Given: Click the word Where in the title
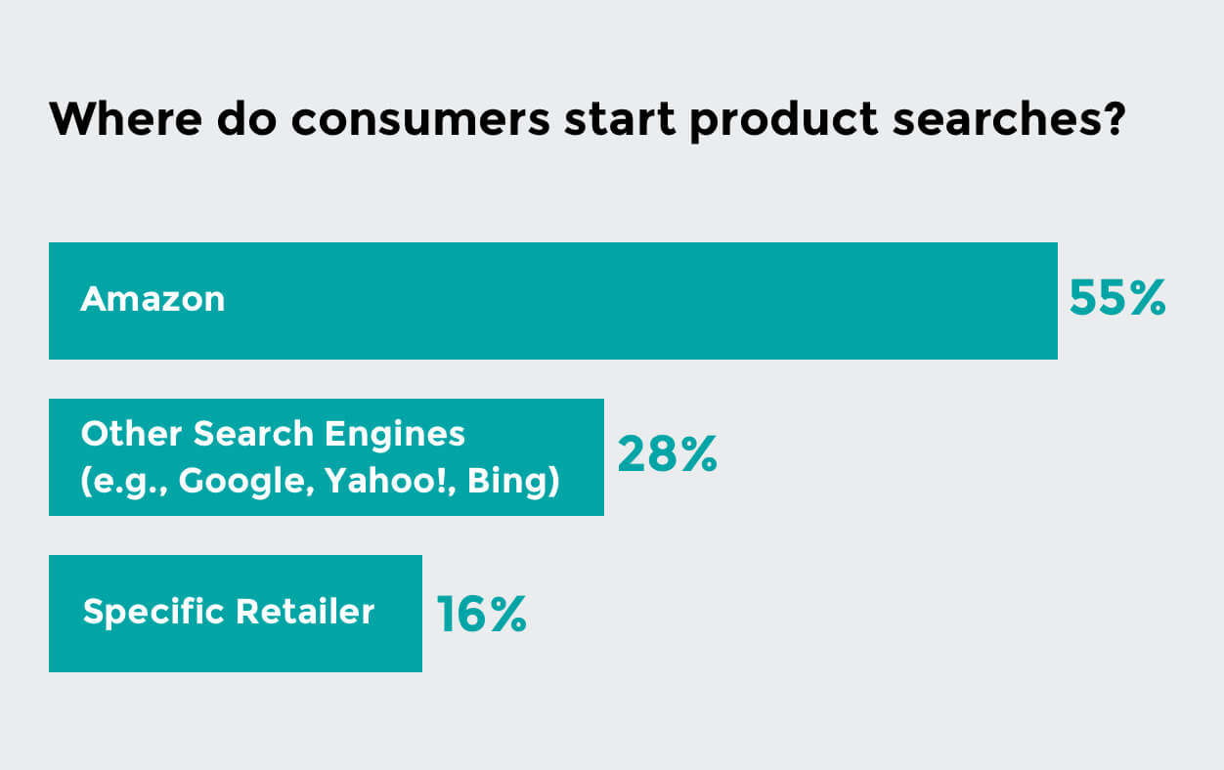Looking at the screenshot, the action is [x=126, y=118].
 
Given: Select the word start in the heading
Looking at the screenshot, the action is [x=620, y=118].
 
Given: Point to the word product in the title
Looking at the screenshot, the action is [x=784, y=121].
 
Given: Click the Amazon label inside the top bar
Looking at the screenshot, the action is [x=153, y=299].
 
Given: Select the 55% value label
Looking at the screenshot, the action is [x=1117, y=298].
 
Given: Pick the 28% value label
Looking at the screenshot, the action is [x=667, y=453].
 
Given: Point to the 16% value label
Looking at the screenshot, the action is [x=481, y=615].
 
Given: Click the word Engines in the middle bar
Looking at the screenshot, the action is [x=395, y=435].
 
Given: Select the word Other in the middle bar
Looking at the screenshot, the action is [x=131, y=434].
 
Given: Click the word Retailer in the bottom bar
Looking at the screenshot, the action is [x=305, y=611].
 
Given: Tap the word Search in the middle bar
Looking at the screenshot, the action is [x=253, y=434].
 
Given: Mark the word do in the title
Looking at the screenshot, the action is [x=247, y=118].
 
